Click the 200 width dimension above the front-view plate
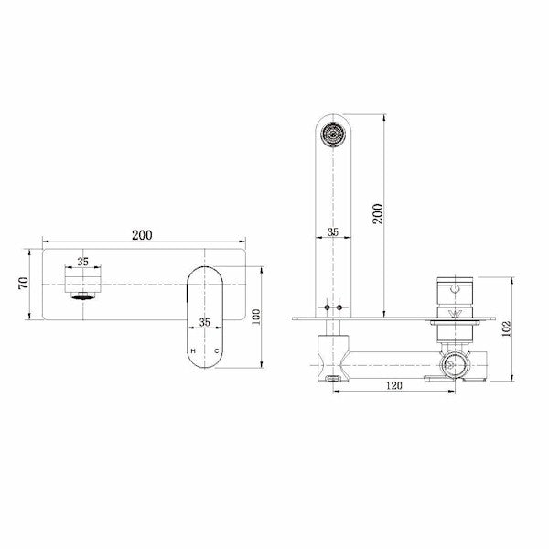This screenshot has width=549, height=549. tap(142, 235)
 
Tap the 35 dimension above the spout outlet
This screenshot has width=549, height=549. tap(82, 261)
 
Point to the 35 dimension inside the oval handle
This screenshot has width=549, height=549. tap(205, 322)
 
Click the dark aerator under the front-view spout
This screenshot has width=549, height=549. tap(82, 296)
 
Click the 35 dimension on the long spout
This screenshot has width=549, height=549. tap(333, 232)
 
